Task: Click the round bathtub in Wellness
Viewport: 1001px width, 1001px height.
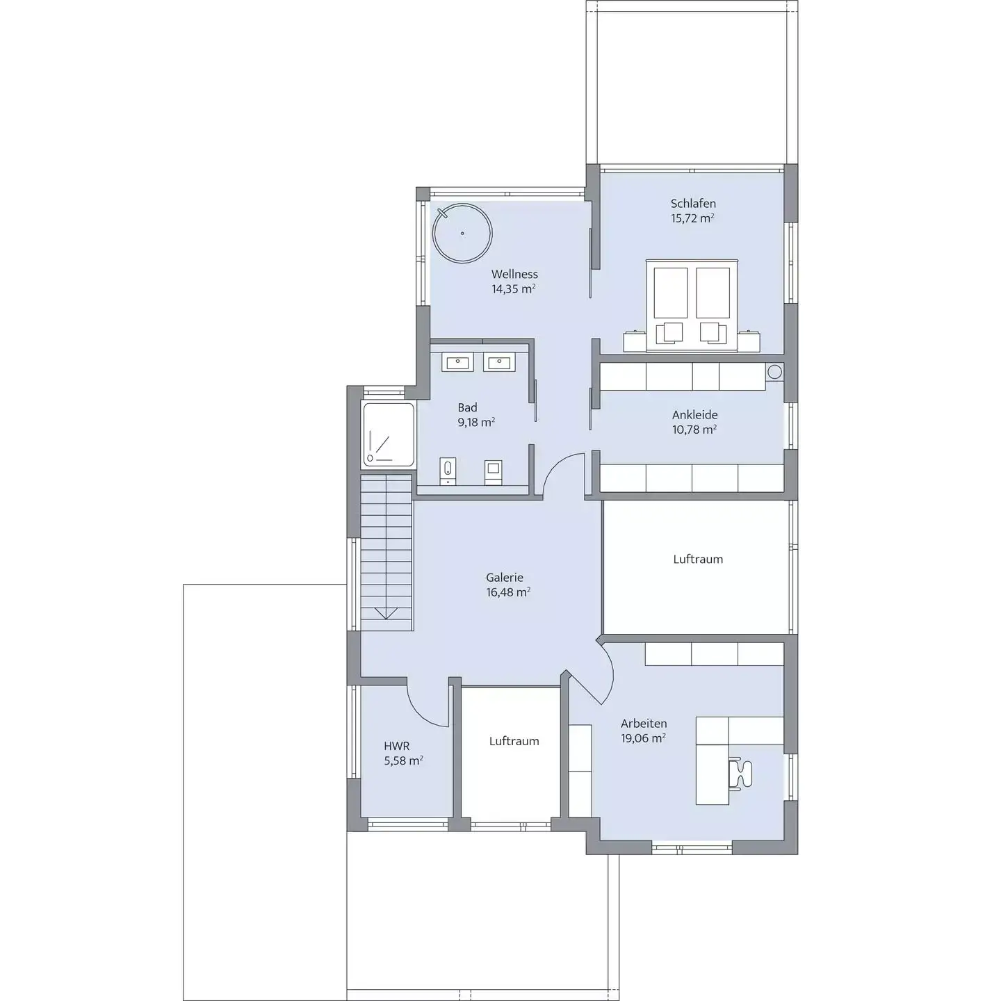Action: tap(462, 234)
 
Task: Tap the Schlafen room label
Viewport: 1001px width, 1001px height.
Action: tap(693, 204)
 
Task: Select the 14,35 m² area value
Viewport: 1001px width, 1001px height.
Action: tap(513, 288)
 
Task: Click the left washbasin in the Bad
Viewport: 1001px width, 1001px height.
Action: tap(457, 362)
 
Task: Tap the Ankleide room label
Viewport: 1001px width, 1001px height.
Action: tap(694, 415)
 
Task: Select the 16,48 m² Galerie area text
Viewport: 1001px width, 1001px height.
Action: tap(508, 592)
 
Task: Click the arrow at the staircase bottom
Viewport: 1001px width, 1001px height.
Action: tap(386, 614)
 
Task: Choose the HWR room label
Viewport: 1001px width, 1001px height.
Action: tap(397, 746)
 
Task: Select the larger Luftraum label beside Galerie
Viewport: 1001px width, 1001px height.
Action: tap(698, 559)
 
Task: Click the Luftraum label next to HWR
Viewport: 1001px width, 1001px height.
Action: tap(514, 741)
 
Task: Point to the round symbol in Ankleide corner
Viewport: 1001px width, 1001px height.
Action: tap(774, 371)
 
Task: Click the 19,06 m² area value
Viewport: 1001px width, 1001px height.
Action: tap(643, 738)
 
